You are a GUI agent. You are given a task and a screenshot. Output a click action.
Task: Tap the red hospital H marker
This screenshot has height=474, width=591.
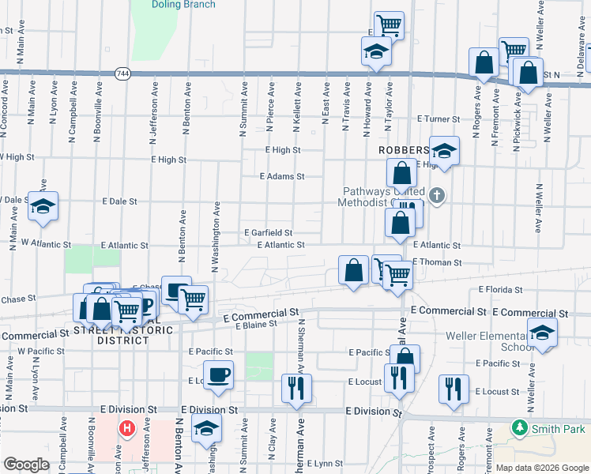pos(126,430)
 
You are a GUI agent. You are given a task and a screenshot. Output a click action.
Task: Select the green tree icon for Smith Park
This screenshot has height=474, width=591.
pos(519,428)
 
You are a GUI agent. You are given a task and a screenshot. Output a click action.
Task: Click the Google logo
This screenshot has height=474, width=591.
pos(26,465)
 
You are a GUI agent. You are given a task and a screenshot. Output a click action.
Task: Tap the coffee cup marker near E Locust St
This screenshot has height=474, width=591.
pos(218,374)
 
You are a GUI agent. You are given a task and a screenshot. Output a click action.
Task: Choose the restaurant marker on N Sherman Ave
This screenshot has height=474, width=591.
pos(297,388)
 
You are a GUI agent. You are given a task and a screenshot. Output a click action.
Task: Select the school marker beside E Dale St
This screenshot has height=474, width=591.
pos(43,205)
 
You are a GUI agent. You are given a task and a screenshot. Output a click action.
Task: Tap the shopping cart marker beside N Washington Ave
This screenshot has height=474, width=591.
pos(192,299)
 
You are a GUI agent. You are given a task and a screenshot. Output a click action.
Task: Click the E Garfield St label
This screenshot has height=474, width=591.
pos(269,233)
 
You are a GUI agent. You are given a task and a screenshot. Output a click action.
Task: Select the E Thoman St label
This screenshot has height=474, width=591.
pos(435,262)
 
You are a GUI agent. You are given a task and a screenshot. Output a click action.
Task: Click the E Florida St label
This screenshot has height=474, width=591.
pos(502,291)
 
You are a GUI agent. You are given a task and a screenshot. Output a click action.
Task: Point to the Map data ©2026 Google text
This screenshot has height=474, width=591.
pos(541,468)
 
